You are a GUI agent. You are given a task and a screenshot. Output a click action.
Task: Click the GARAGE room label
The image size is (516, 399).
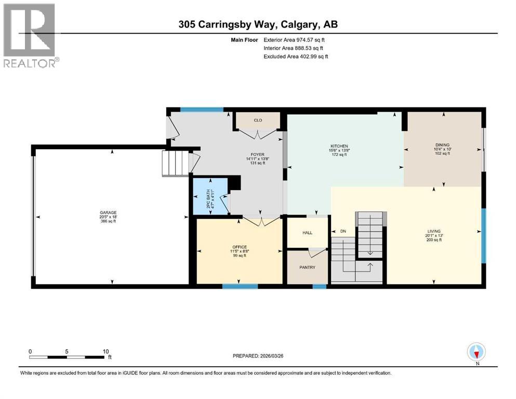pyautogui.click(x=108, y=212)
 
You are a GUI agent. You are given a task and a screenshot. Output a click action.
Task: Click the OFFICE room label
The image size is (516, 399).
pyautogui.click(x=239, y=247)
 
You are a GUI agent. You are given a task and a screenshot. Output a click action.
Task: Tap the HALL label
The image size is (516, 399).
pyautogui.click(x=307, y=232)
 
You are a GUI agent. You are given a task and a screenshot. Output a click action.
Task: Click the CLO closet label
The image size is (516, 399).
pyautogui.click(x=257, y=121)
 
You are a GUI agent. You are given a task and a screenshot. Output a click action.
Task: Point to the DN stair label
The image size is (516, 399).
pyautogui.click(x=342, y=231)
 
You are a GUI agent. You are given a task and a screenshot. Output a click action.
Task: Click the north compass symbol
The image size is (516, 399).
pyautogui.click(x=476, y=352)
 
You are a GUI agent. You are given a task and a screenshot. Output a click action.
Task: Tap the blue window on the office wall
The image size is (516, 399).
pyautogui.click(x=240, y=286)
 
